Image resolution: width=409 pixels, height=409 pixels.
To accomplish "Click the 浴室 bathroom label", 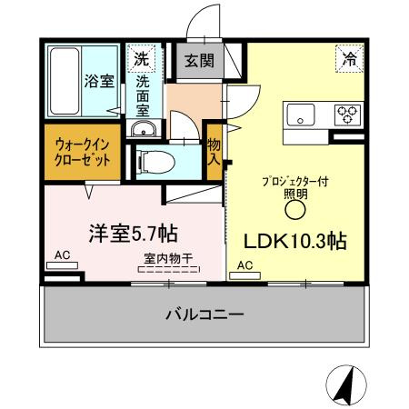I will (100, 81).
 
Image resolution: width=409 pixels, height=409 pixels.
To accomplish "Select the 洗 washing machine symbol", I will (142, 59).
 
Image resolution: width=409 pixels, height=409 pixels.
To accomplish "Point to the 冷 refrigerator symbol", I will (349, 59).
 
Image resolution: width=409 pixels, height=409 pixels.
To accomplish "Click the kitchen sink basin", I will (301, 115).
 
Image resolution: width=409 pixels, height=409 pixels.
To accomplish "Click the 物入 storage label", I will (214, 151).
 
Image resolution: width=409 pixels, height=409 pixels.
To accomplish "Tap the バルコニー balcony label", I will (204, 316).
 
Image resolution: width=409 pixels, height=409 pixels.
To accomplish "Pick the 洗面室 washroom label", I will (144, 94).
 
